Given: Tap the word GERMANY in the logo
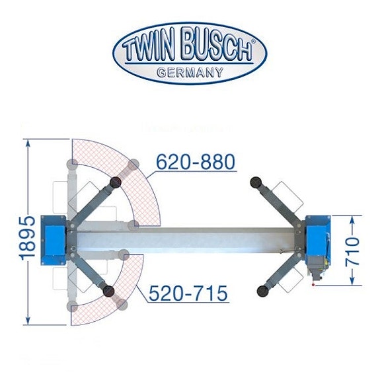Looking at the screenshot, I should pyautogui.click(x=190, y=73).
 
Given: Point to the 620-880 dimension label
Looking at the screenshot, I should pyautogui.click(x=196, y=162).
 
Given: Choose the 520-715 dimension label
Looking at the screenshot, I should pyautogui.click(x=188, y=292).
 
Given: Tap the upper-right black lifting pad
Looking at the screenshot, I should pyautogui.click(x=254, y=180).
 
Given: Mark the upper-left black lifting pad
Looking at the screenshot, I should pyautogui.click(x=116, y=181).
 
